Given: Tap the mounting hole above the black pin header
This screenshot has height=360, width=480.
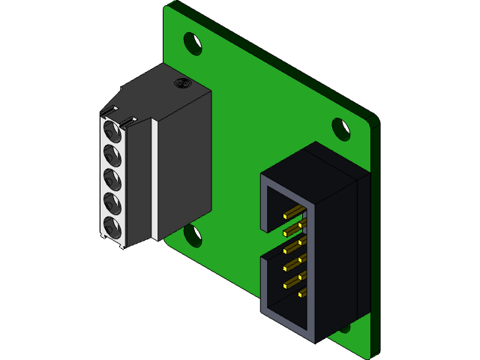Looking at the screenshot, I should point(341,128).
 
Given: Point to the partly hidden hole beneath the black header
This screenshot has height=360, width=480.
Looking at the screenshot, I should point(344,327).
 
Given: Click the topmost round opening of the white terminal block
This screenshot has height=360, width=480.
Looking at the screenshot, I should point(112,134).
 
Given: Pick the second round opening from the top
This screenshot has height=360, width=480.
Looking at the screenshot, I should point(112,157).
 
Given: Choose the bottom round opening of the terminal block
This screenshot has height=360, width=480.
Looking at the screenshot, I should point(112,226).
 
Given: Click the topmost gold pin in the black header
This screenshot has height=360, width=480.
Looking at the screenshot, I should point(294,210).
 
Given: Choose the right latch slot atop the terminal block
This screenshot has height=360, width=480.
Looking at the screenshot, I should point(133,119).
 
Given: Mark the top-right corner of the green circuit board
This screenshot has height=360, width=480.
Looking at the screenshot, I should point(375,118).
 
